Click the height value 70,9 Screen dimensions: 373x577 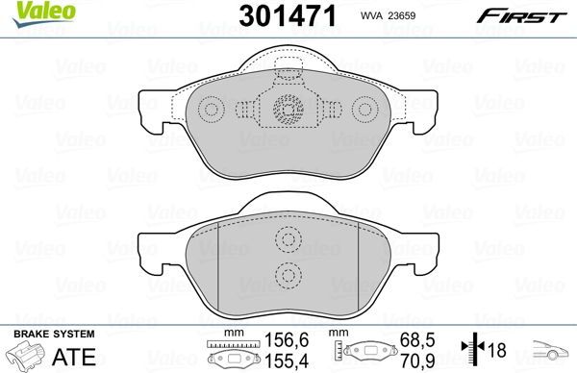click(x=414, y=359)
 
